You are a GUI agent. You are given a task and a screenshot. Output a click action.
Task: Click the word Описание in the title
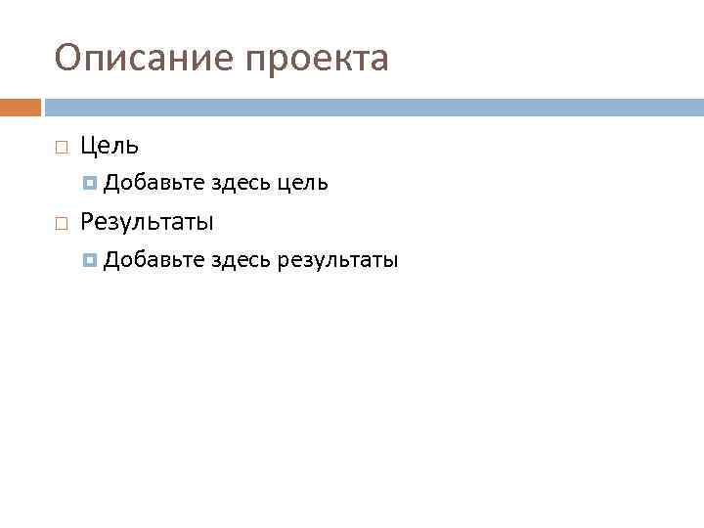143,59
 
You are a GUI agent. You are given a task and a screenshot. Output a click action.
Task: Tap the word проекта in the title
317,61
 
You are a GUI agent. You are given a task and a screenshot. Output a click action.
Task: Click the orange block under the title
21,107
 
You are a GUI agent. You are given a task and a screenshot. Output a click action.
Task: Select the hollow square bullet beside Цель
61,148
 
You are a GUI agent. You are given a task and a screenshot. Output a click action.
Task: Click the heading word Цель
110,147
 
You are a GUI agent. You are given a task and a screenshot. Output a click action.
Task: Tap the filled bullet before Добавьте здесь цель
91,183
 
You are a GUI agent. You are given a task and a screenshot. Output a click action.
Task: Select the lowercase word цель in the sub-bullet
303,184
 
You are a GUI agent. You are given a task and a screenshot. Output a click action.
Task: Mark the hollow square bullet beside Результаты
61,224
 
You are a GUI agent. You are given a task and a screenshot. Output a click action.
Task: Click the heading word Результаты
147,223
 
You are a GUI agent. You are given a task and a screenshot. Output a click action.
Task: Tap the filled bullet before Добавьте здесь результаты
91,260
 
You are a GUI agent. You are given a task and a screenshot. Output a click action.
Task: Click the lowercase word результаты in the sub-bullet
338,261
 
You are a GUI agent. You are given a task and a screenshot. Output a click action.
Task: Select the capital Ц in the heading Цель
89,147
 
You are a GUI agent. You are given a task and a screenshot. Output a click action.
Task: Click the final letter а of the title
378,61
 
